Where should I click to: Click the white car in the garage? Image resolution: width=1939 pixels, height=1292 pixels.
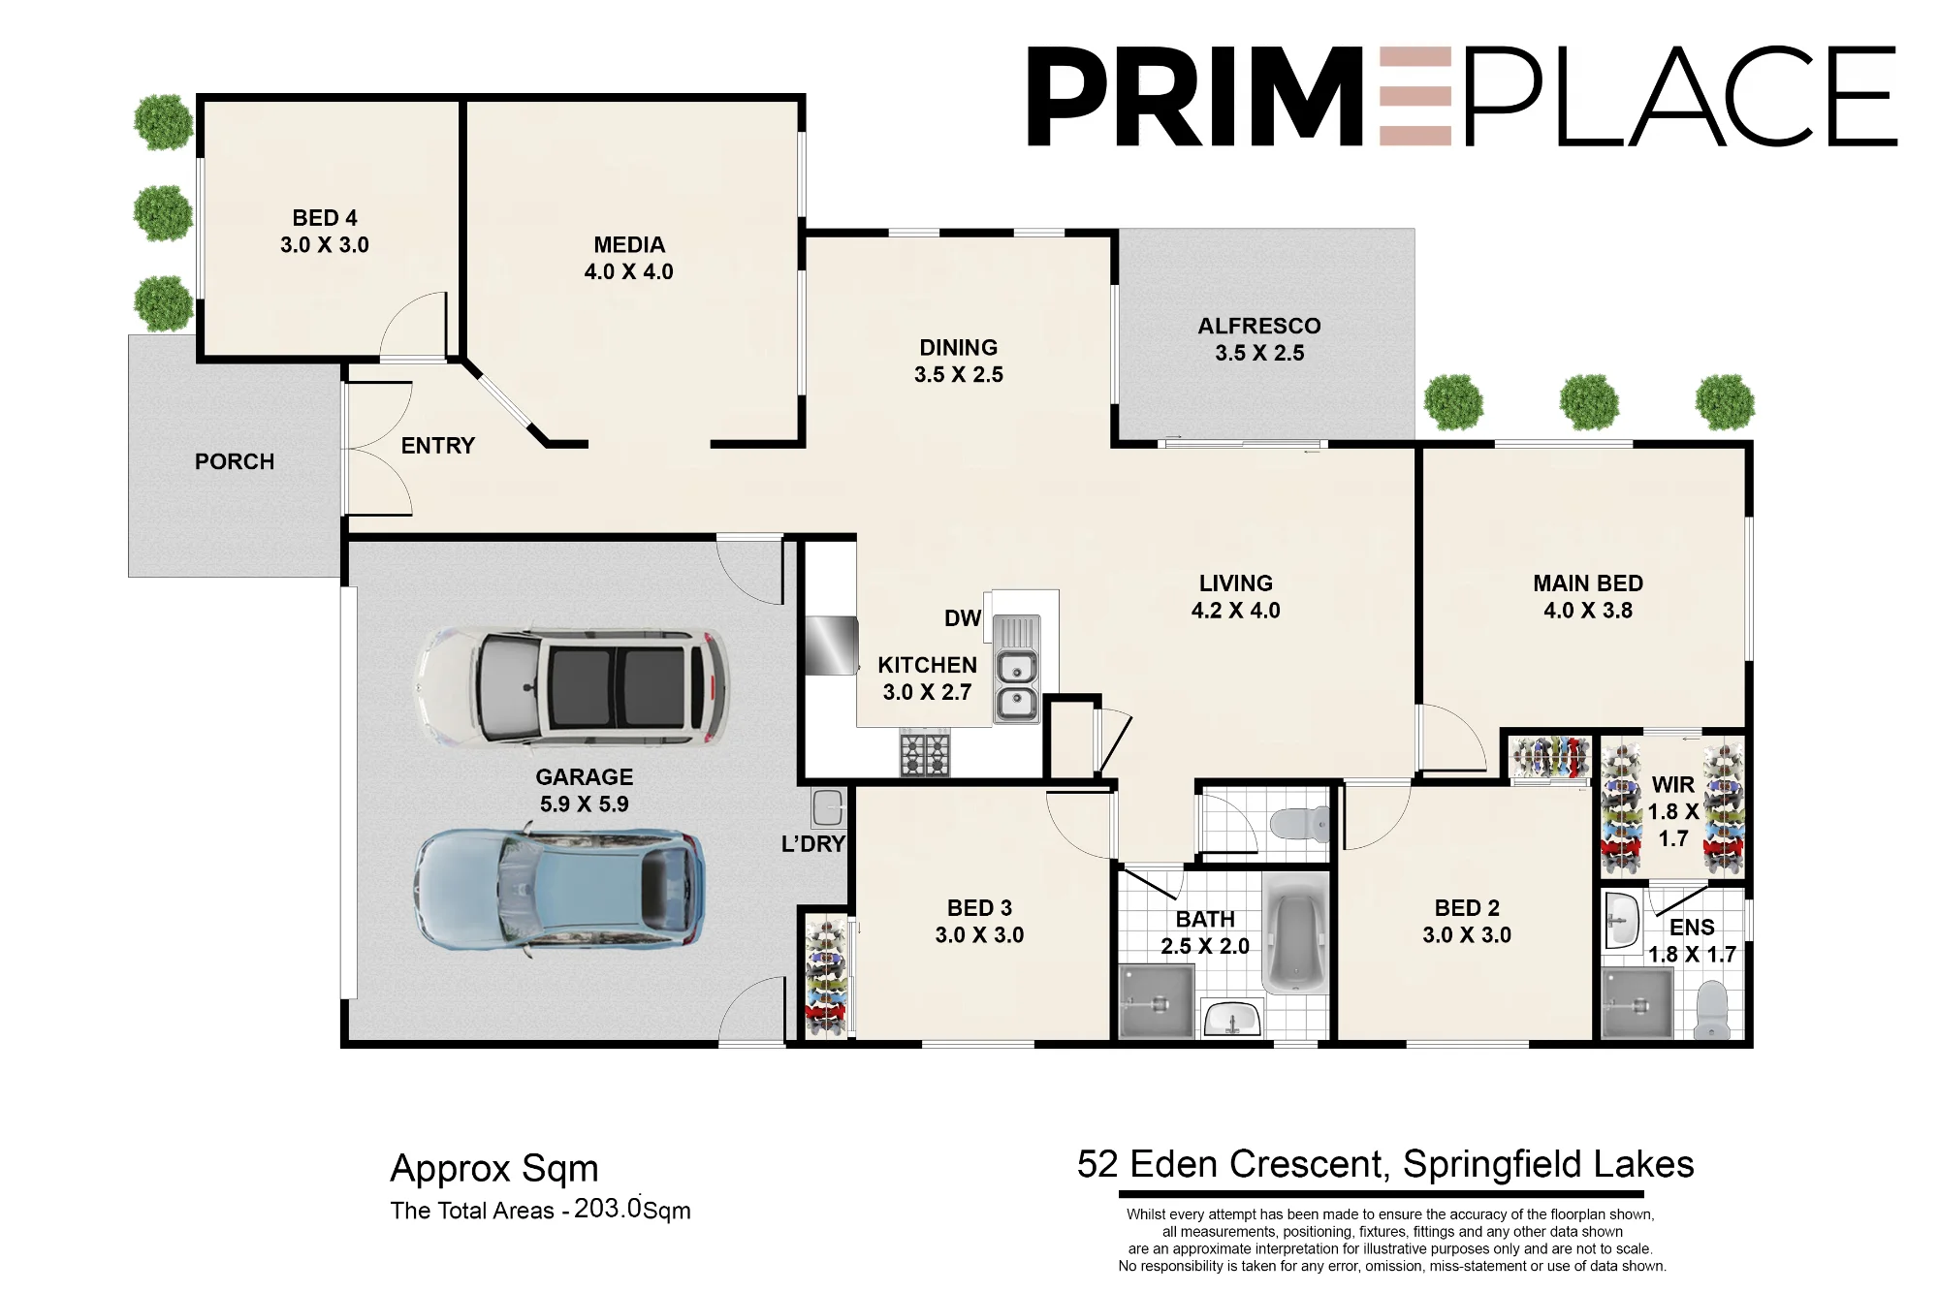[x=572, y=686]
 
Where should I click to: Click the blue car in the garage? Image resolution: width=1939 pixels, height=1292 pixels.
[x=560, y=890]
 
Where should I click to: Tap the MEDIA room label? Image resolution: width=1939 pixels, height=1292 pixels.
[x=629, y=245]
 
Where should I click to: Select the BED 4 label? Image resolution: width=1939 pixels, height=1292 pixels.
[x=325, y=218]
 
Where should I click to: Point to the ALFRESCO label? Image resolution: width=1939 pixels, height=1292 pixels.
[x=1259, y=326]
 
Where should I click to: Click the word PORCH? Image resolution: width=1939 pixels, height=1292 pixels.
[x=235, y=461]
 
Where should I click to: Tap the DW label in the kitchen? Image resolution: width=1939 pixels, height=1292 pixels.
[x=963, y=618]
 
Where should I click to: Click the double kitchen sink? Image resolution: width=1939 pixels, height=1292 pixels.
[x=1016, y=670]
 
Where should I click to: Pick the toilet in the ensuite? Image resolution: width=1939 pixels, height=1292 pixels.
[x=1713, y=1010]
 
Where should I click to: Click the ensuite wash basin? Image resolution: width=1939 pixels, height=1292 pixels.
[x=1621, y=920]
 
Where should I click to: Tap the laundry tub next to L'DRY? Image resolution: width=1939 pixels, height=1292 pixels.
[x=827, y=808]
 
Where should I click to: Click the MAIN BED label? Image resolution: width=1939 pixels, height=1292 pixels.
[x=1588, y=583]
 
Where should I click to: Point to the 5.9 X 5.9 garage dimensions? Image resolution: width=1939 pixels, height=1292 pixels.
[x=585, y=804]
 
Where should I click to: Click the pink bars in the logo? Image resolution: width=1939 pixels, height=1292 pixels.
[x=1415, y=96]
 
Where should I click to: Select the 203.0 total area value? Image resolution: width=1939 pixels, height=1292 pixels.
[x=608, y=1209]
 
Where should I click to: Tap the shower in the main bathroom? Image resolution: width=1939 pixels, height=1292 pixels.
[x=1157, y=1002]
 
